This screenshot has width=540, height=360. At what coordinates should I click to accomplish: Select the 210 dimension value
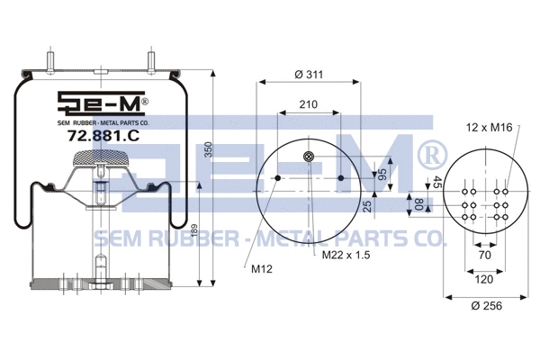pos(309,105)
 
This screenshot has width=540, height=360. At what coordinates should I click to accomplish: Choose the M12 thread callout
pos(262,266)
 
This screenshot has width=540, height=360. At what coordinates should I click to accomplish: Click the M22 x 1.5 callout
pos(346,256)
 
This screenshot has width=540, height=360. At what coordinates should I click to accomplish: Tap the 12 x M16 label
pos(489,128)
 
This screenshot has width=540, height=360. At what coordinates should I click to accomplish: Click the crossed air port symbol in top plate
pos(310,158)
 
